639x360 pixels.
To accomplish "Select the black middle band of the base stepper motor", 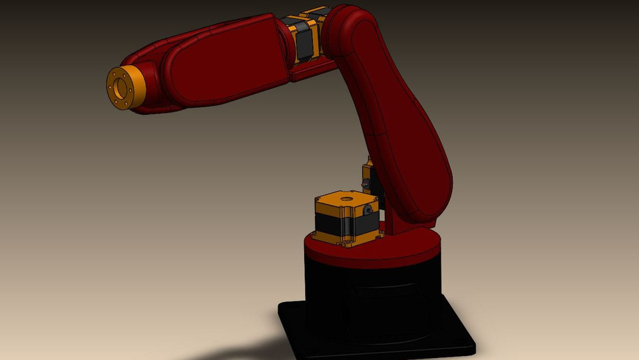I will (333, 223).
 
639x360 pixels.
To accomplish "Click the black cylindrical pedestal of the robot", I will (373, 293).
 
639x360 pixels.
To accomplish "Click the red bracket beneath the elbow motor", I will (313, 68).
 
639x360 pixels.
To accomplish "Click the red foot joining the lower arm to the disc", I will (399, 223).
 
